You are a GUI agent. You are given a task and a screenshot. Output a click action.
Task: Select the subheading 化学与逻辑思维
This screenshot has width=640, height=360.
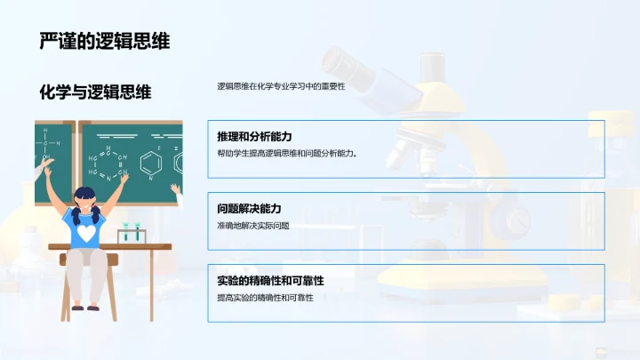pos(95,92)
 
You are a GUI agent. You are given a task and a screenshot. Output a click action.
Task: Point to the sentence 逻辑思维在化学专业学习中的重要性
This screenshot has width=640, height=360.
pos(280,86)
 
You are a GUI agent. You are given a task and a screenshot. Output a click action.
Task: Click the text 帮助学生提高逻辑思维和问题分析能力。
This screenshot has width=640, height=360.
pos(286,153)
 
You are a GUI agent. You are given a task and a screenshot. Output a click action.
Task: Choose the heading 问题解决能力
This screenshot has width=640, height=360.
pos(250,209)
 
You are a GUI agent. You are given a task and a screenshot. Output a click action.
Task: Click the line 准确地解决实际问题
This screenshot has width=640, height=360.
pos(253,226)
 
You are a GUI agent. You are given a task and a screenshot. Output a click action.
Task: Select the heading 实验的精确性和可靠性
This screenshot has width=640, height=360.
pos(270,281)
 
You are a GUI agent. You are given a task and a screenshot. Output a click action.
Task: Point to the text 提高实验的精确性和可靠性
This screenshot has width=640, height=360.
pos(265,297)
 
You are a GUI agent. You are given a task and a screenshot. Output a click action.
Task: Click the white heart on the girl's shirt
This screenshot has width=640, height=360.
pos(86,232)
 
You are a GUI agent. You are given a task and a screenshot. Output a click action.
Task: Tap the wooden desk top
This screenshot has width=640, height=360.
pos(107,246)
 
